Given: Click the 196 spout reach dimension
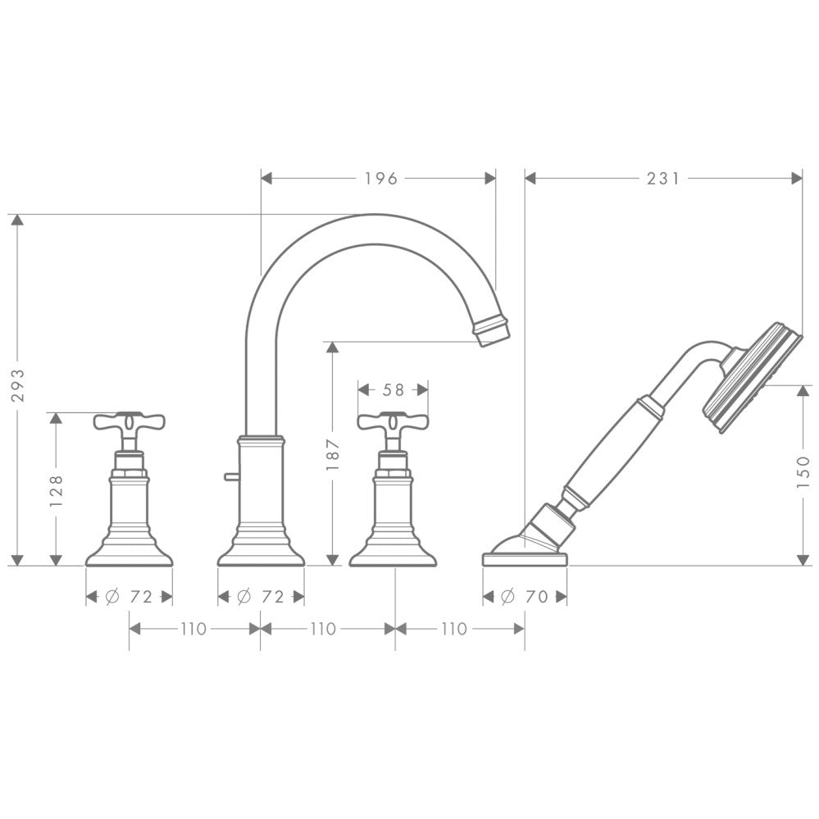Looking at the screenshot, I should [x=380, y=178].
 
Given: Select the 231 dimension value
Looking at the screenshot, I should [x=663, y=178].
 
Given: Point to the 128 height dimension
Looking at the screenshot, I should [x=57, y=489].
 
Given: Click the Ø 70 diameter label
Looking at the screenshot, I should [x=524, y=597].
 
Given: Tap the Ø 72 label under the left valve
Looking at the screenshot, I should [x=129, y=597].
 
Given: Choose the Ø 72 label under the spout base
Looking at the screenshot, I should [x=260, y=597].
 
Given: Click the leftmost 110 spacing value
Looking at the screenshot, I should [x=193, y=629].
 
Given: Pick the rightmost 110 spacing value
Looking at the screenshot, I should [x=453, y=629].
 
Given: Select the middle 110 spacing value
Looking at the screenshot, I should [x=323, y=629].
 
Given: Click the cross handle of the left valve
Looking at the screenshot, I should [x=129, y=422].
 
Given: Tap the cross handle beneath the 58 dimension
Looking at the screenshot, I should [x=393, y=422].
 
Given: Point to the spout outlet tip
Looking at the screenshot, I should [x=491, y=330].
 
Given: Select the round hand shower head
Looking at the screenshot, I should [x=753, y=375].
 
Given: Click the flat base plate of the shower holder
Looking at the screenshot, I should [x=525, y=559].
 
